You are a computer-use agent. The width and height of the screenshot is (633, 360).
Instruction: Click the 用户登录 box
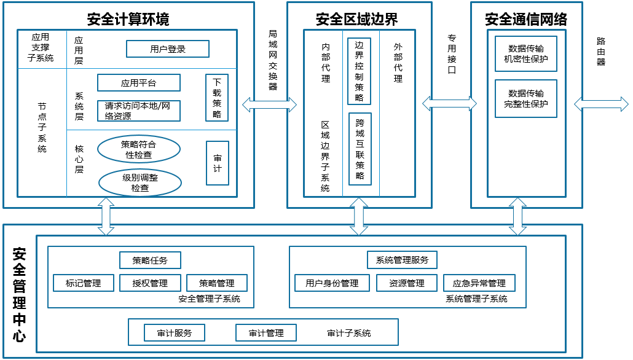[x=168, y=49]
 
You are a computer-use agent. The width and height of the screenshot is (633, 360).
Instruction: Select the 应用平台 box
[x=139, y=83]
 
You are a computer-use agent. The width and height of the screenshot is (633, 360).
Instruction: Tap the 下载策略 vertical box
[x=217, y=98]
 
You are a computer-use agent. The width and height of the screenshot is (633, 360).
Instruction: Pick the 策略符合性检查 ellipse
[x=139, y=149]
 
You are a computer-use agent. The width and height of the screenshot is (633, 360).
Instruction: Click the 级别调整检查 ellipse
[x=140, y=182]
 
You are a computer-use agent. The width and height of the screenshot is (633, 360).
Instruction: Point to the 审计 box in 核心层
[x=218, y=163]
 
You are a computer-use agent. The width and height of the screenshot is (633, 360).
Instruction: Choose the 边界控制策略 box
[x=360, y=71]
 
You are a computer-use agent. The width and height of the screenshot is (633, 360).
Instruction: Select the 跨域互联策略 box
[x=360, y=149]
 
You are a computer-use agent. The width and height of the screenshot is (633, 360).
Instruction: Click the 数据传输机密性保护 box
[x=525, y=54]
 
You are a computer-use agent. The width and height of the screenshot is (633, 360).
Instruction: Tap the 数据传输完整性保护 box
[x=525, y=99]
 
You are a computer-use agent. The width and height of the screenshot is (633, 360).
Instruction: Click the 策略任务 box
[x=150, y=260]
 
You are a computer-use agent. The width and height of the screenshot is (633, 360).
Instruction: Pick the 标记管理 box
[x=83, y=283]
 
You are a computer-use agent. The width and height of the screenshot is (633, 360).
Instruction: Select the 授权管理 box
[x=150, y=283]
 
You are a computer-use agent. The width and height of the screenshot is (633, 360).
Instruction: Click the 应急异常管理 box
[x=479, y=283]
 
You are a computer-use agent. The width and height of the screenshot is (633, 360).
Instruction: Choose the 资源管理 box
[x=407, y=283]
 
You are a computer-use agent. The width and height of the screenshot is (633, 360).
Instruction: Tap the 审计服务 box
[x=175, y=333]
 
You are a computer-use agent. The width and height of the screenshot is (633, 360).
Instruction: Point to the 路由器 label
[x=601, y=52]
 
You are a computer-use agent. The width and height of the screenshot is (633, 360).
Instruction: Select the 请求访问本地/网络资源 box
[x=139, y=111]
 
